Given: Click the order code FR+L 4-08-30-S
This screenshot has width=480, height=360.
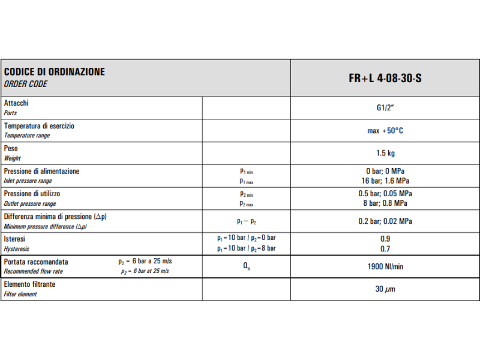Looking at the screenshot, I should coord(385,78).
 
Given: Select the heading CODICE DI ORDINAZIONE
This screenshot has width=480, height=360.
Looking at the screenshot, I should coord(55,72).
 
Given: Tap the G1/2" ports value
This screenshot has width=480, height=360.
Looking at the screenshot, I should coord(385,108).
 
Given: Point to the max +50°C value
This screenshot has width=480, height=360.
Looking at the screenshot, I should coord(385,131).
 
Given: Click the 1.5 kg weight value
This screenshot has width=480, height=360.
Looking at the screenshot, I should coord(385,153).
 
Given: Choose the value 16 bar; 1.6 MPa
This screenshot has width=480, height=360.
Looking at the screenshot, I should coord(385,181).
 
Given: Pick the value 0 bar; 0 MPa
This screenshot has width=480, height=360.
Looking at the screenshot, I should coord(385,172).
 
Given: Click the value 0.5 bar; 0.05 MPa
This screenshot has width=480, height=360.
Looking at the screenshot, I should coord(385,194).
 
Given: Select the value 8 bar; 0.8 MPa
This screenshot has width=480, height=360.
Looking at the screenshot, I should coord(385,203).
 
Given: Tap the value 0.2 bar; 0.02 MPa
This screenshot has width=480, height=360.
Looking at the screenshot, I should coord(385,221).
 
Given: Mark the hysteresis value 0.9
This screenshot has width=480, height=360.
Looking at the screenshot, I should coord(385,239).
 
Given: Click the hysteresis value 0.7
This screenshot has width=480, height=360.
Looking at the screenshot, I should coord(385,248).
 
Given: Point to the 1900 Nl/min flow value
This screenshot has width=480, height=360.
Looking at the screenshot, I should coord(385,266).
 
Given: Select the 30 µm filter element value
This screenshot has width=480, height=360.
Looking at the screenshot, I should coord(385,289).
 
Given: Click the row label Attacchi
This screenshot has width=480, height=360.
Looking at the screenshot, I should coord(16,103).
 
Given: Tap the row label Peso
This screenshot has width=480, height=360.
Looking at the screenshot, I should coord(11,148).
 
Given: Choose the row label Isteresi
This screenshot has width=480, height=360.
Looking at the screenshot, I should coord(14,239).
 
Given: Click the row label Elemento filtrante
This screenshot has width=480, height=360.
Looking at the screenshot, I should coord(29,284).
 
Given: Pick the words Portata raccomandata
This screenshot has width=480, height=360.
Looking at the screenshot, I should coord(36,262).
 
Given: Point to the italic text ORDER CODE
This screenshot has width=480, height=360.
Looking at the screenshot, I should coord(25,85).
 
